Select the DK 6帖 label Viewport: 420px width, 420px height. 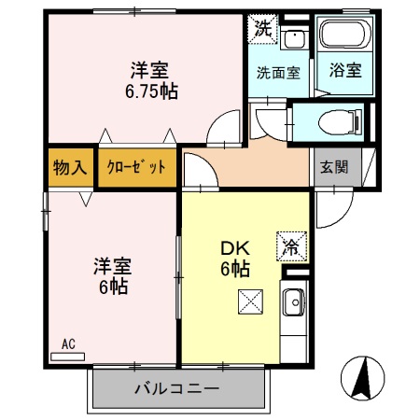[x=234, y=260]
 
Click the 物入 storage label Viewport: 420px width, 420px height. [x=70, y=168]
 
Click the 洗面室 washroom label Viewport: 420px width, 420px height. [x=279, y=72]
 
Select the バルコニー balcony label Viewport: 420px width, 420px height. [x=176, y=388]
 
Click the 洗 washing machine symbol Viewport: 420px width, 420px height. [x=264, y=28]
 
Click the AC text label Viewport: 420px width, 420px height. [x=67, y=343]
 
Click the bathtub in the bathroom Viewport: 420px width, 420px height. [x=345, y=35]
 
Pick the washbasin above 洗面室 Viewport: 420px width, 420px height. [x=295, y=37]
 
